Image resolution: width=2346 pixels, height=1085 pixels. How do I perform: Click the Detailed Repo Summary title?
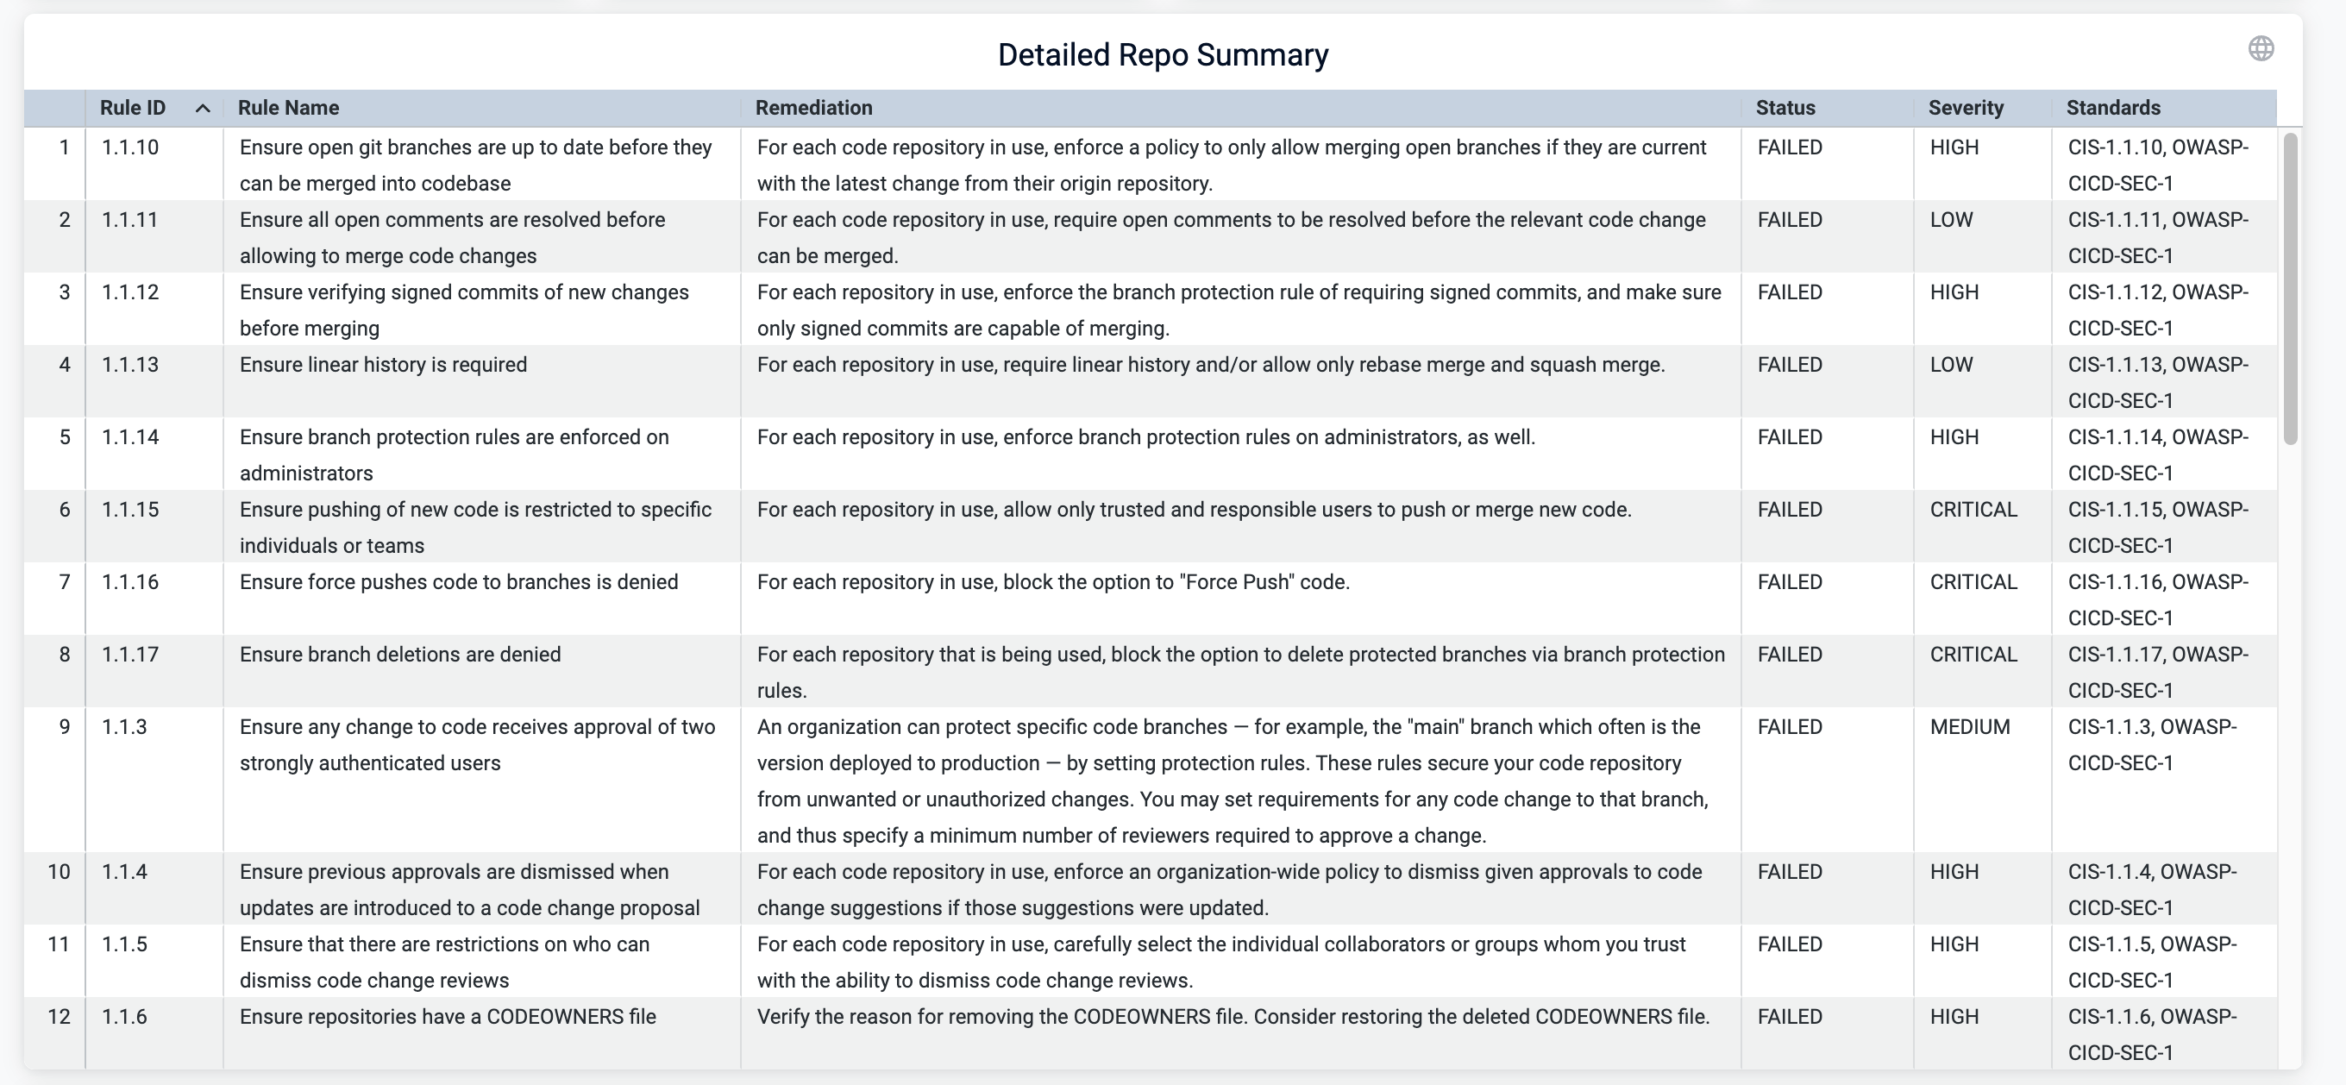1162,54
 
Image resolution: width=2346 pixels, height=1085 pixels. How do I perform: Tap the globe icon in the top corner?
2261,48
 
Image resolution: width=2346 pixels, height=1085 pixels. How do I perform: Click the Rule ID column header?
133,108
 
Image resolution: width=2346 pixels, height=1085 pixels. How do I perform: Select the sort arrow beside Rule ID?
203,109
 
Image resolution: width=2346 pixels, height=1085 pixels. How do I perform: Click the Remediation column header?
813,108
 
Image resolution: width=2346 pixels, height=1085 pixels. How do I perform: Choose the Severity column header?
1966,108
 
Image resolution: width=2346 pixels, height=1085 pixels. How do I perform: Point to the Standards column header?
2113,108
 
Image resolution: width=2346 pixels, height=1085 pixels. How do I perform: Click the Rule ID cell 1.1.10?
130,147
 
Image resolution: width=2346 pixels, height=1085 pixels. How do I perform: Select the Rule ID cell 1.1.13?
130,365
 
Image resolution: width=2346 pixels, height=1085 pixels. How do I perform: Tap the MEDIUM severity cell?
1969,727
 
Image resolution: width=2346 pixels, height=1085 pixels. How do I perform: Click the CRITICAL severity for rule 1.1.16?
1973,582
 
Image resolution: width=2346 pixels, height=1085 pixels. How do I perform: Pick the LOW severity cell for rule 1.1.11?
1951,220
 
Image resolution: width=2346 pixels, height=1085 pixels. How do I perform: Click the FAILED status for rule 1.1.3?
1790,727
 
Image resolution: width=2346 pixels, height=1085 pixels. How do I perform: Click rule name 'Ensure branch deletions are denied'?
400,654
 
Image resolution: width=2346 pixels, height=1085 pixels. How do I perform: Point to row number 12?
60,1017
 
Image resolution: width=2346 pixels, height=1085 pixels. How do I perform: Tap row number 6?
65,509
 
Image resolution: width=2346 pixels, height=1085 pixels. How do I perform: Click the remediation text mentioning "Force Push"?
1053,582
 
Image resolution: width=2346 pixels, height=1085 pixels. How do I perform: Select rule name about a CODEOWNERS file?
447,1017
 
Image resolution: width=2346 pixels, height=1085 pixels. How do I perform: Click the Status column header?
1785,108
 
